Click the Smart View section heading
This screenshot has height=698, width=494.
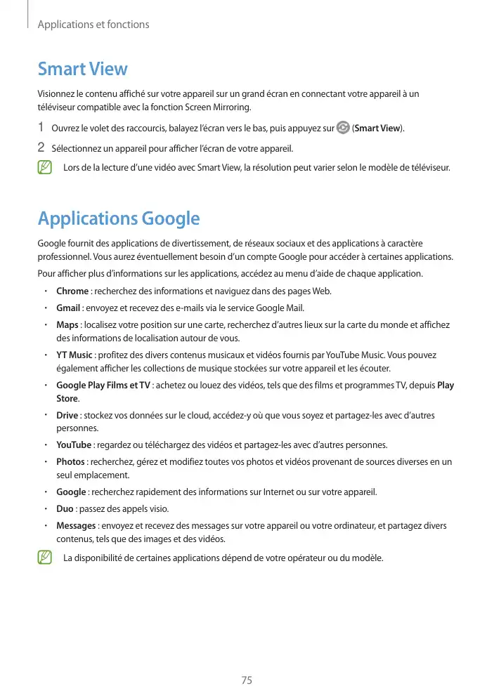point(82,69)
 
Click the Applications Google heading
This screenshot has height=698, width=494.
point(119,218)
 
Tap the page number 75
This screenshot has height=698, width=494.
point(247,680)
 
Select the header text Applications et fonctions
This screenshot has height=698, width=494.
point(93,25)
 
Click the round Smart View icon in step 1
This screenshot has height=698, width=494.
point(343,128)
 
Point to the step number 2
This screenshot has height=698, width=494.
point(41,148)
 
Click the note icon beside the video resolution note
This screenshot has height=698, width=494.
point(46,168)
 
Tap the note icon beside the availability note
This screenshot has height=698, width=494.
point(46,558)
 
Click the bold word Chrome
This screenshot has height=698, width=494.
point(72,291)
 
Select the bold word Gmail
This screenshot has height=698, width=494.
point(69,308)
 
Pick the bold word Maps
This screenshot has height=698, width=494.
point(67,324)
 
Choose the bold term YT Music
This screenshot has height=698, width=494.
point(74,355)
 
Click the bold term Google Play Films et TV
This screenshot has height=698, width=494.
point(103,385)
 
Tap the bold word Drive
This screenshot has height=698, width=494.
point(67,415)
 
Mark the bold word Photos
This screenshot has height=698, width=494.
point(70,461)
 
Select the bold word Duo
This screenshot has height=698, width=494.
point(65,508)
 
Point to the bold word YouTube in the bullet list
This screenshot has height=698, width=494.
point(74,445)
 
